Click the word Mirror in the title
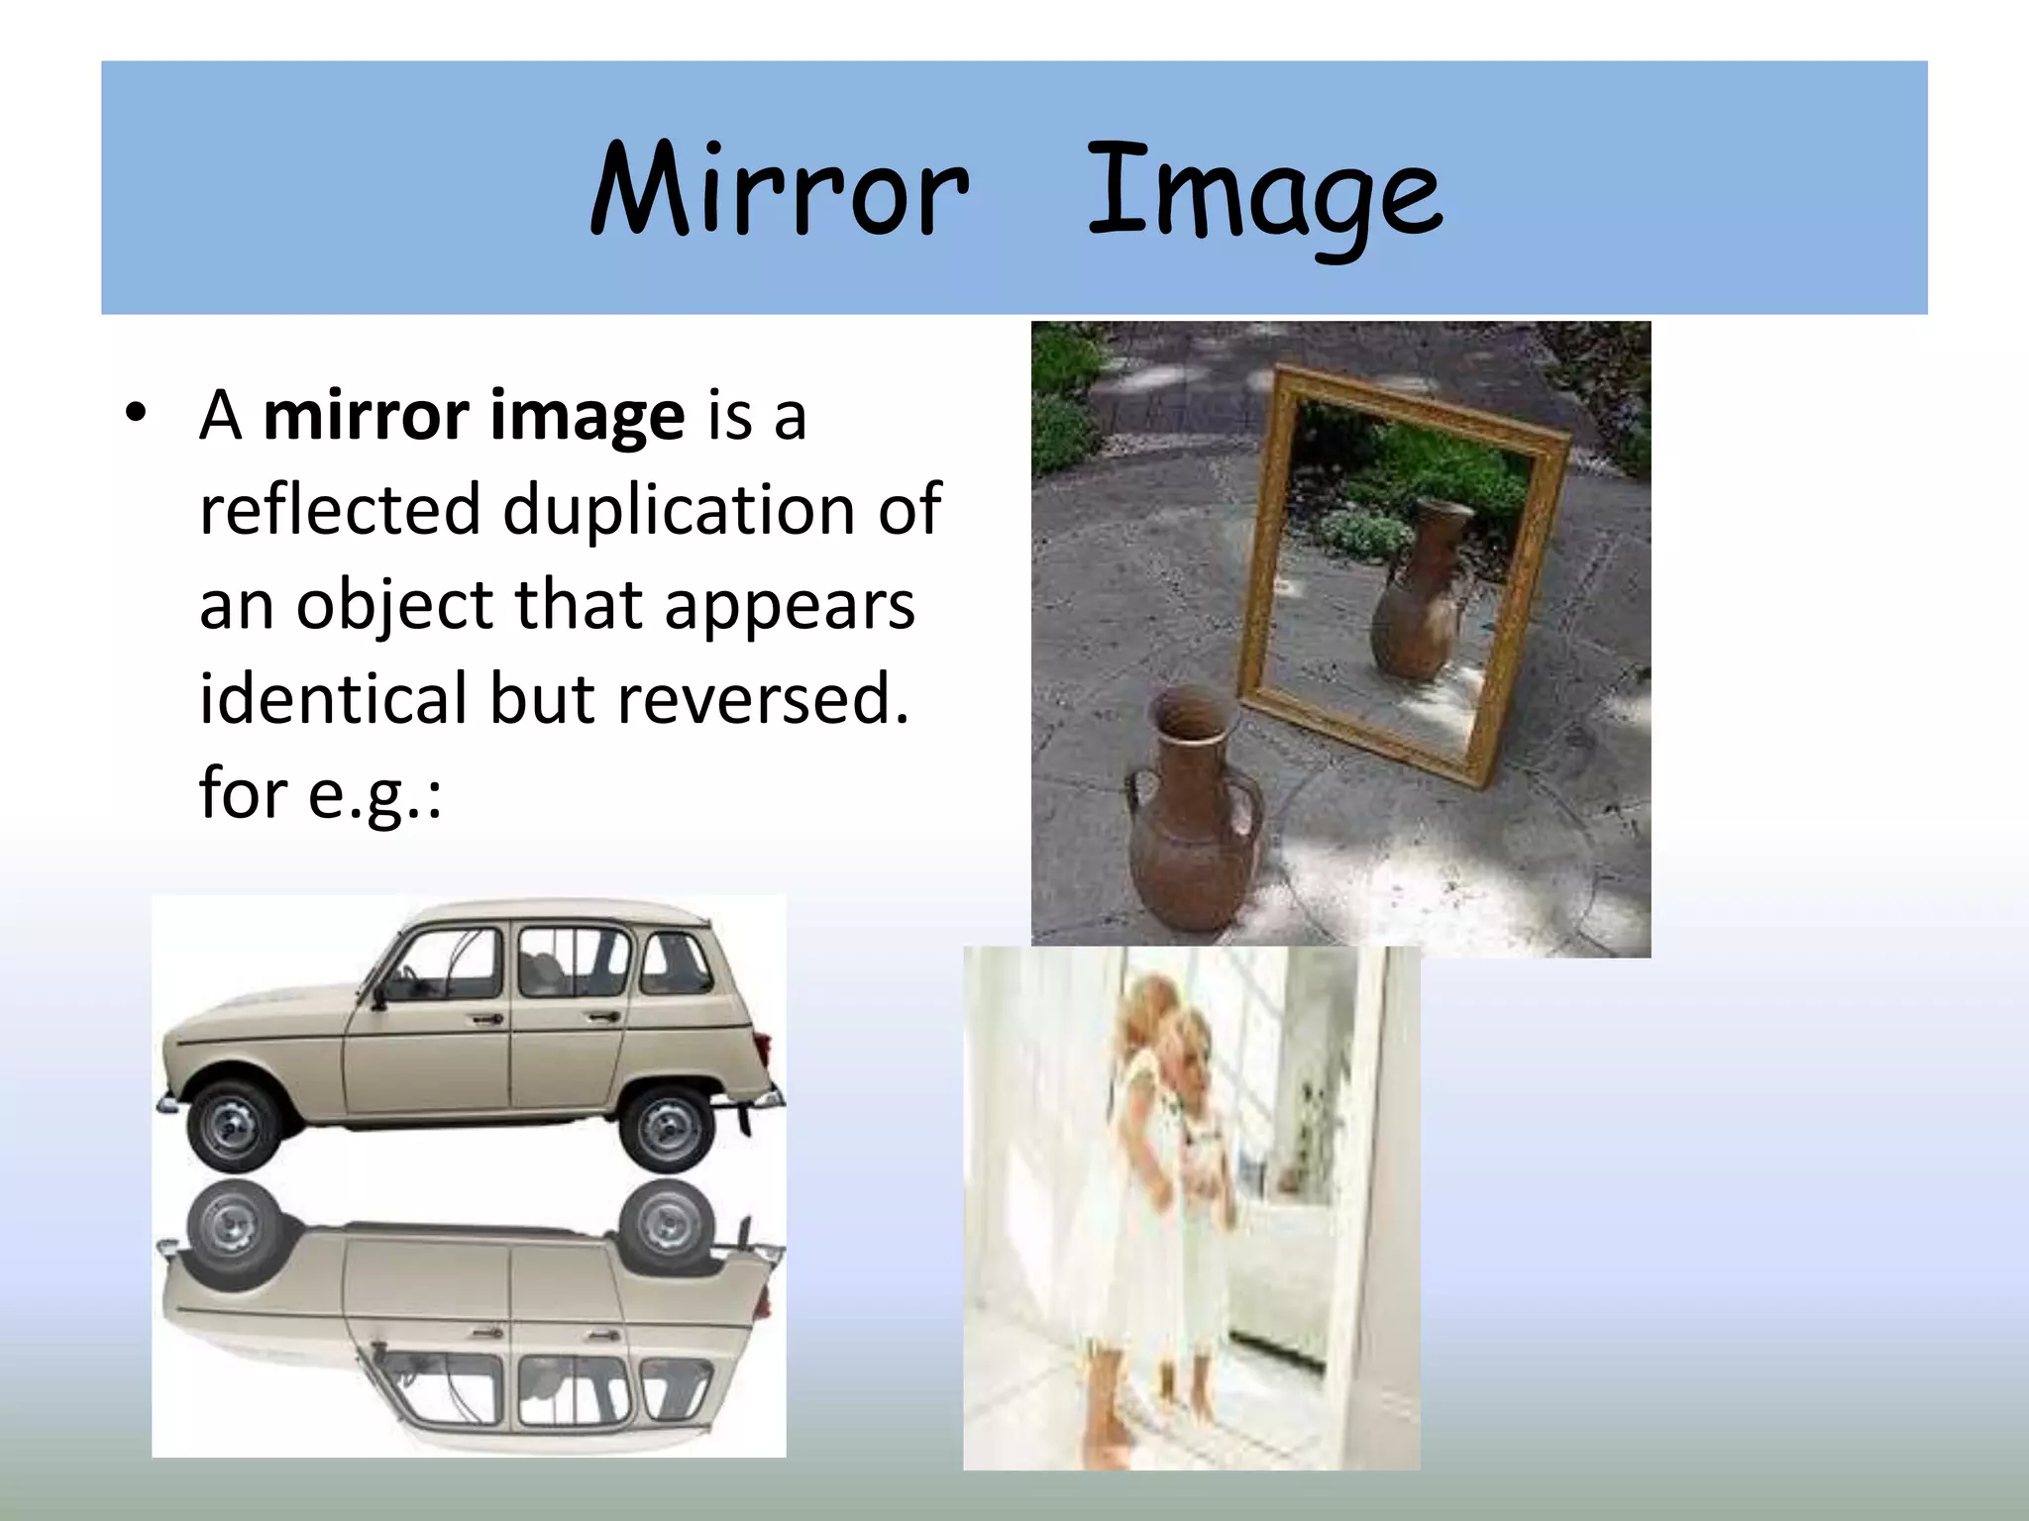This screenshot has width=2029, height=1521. pos(779,190)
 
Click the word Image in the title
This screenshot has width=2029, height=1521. pos(1264,194)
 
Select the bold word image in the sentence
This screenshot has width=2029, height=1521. pos(587,415)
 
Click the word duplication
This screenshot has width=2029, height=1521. pos(678,510)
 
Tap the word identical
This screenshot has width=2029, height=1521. pos(332,699)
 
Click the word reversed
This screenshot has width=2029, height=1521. pos(762,699)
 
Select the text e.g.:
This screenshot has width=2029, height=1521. pos(374,795)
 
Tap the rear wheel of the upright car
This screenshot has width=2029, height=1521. pos(666,1127)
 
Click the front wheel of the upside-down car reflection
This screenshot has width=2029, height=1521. pos(234,1228)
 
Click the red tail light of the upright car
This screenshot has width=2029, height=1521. pos(763,1052)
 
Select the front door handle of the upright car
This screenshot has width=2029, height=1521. pos(485,1019)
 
